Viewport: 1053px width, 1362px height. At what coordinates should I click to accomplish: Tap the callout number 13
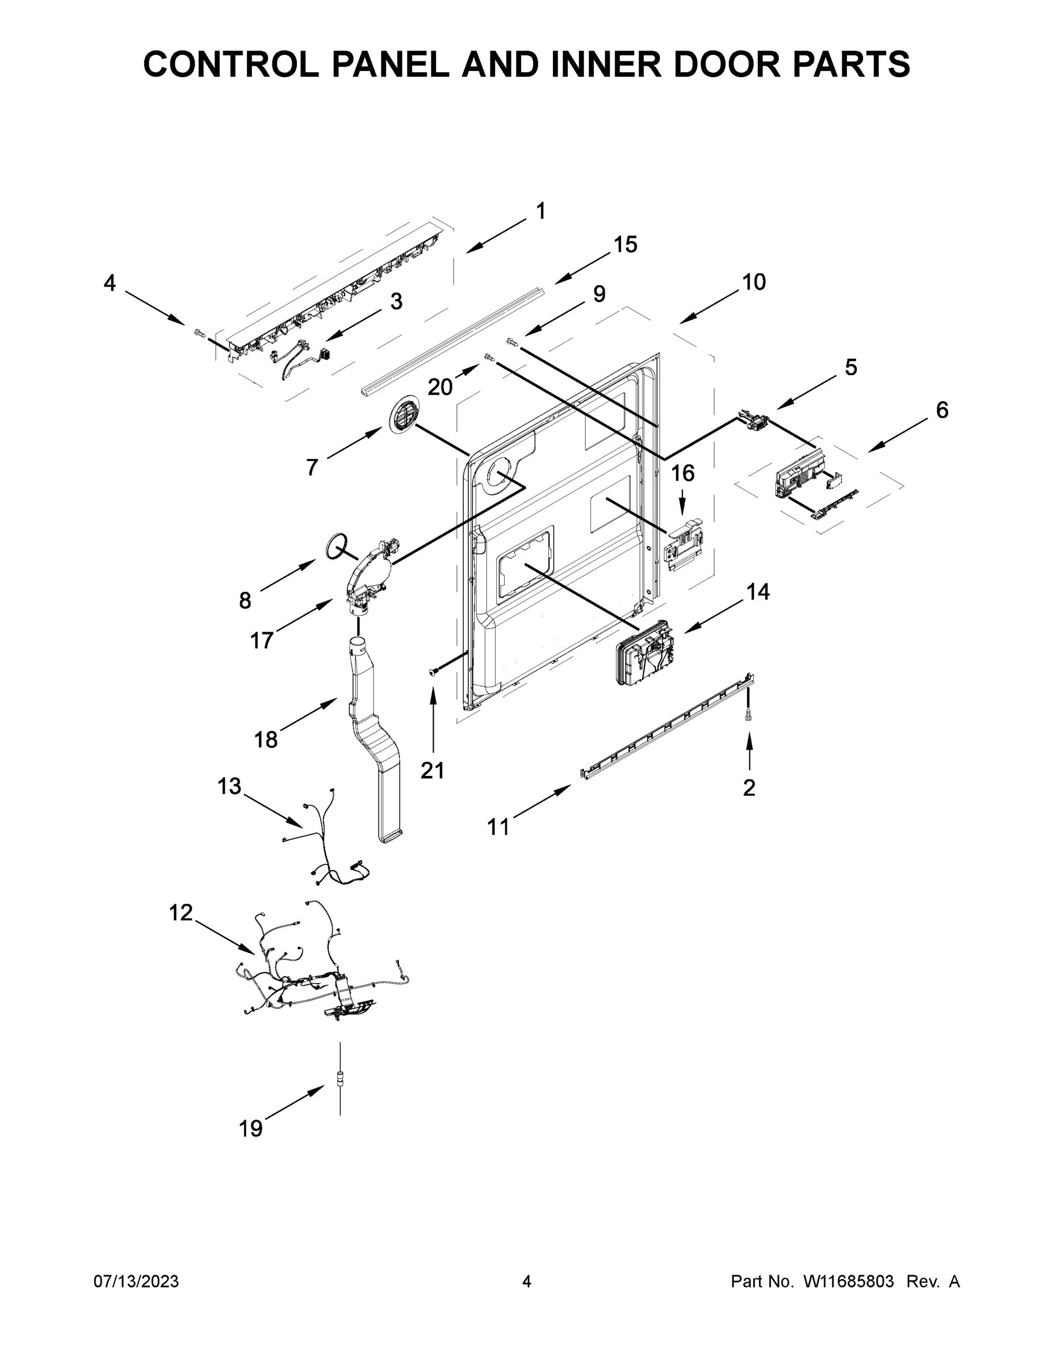(229, 787)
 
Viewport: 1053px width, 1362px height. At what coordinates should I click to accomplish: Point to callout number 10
(754, 283)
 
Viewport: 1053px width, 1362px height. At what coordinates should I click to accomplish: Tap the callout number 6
(942, 410)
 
